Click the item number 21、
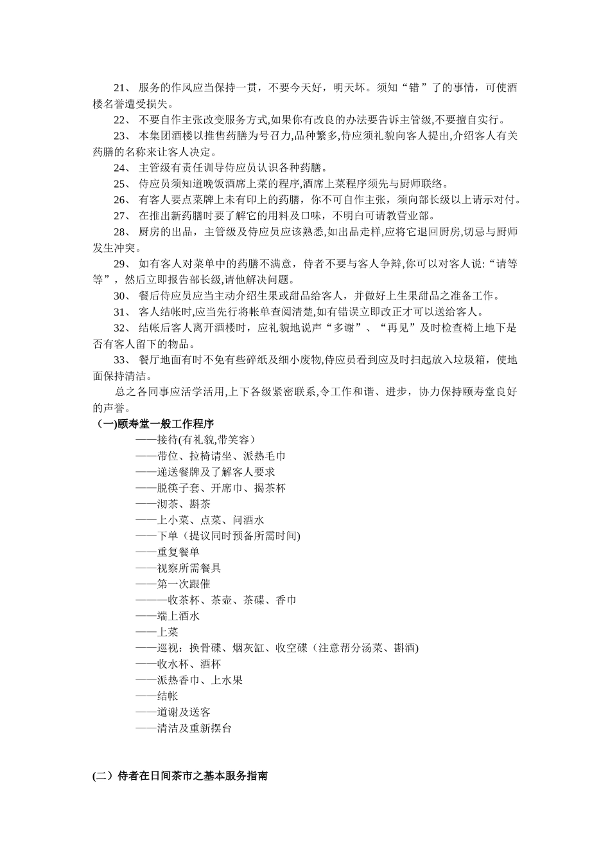[x=123, y=88]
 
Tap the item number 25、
[x=123, y=184]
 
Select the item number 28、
[x=123, y=232]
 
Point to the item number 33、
[x=123, y=360]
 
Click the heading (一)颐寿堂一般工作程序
[x=155, y=424]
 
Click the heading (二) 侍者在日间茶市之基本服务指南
[x=180, y=776]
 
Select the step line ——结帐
[x=157, y=696]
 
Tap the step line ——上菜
[x=157, y=632]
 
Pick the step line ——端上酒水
[x=168, y=616]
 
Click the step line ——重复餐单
[x=168, y=552]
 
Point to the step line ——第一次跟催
[x=173, y=584]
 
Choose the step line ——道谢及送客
[x=173, y=712]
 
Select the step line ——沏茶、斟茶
[x=173, y=504]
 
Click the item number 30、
[x=123, y=296]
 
